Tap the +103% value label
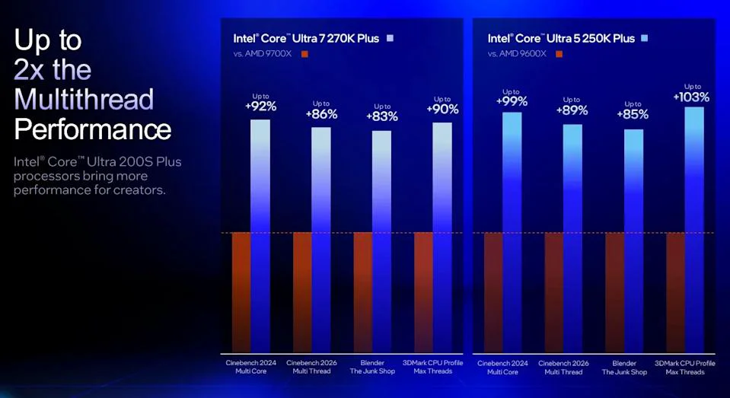click(x=691, y=97)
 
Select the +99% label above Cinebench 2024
click(x=512, y=101)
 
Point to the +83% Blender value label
click(x=381, y=116)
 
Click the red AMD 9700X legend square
click(x=304, y=54)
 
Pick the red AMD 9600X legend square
click(x=559, y=54)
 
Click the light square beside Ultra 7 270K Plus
click(x=390, y=38)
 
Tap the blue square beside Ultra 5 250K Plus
click(x=644, y=38)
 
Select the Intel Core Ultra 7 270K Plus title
click(x=306, y=38)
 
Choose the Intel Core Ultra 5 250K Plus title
click(x=560, y=38)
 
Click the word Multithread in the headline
click(x=84, y=99)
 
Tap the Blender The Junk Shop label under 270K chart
click(x=381, y=368)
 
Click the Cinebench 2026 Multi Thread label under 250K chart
click(x=564, y=368)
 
